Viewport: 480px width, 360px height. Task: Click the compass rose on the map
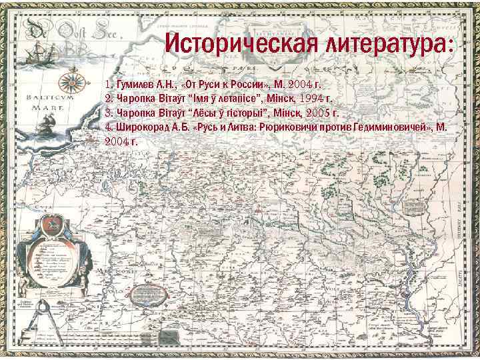(x=73, y=83)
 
